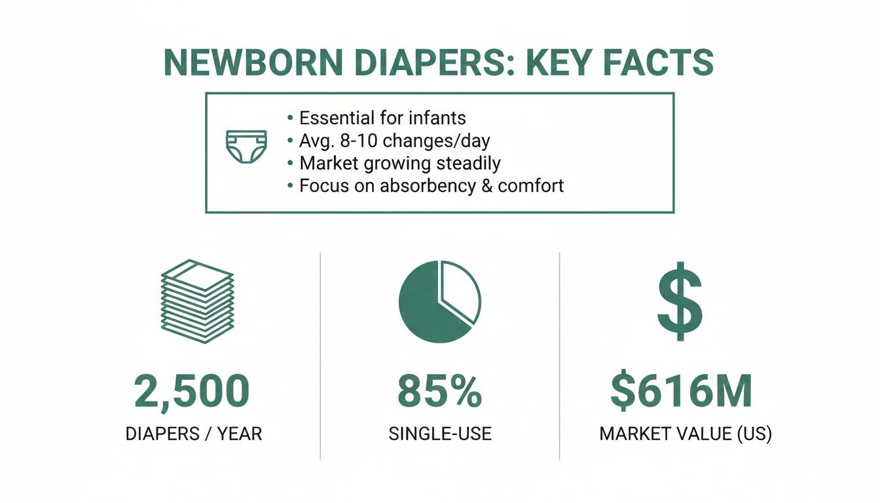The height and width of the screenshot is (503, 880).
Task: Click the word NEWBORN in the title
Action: click(252, 63)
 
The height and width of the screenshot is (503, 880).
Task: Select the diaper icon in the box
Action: click(246, 146)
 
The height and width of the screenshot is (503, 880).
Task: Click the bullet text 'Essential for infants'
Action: click(382, 119)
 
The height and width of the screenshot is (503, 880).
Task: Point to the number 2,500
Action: click(192, 391)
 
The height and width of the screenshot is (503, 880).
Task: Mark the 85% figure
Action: click(440, 391)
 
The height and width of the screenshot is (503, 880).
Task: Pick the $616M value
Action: click(681, 391)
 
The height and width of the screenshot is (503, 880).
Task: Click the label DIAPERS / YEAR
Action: click(193, 434)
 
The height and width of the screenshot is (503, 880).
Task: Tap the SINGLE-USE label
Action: click(440, 434)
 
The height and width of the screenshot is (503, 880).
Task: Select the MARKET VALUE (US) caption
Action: click(686, 434)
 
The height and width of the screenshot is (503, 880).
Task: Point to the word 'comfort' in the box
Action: click(530, 185)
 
